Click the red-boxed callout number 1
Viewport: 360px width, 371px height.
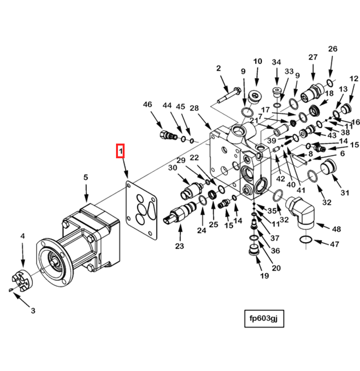120,151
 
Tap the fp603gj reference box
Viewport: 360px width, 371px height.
264,318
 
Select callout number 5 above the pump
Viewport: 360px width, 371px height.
86,177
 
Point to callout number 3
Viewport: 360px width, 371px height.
33,310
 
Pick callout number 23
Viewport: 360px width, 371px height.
180,246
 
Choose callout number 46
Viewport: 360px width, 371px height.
147,104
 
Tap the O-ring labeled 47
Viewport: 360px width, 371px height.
306,240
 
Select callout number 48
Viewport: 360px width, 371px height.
336,229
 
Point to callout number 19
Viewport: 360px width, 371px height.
264,276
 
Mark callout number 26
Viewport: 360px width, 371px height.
333,49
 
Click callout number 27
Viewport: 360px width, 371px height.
313,57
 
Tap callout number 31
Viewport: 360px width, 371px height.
345,193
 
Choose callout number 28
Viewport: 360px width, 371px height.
194,108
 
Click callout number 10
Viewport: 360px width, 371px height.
258,61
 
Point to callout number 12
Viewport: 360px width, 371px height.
354,79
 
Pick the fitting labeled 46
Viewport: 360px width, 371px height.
169,135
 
